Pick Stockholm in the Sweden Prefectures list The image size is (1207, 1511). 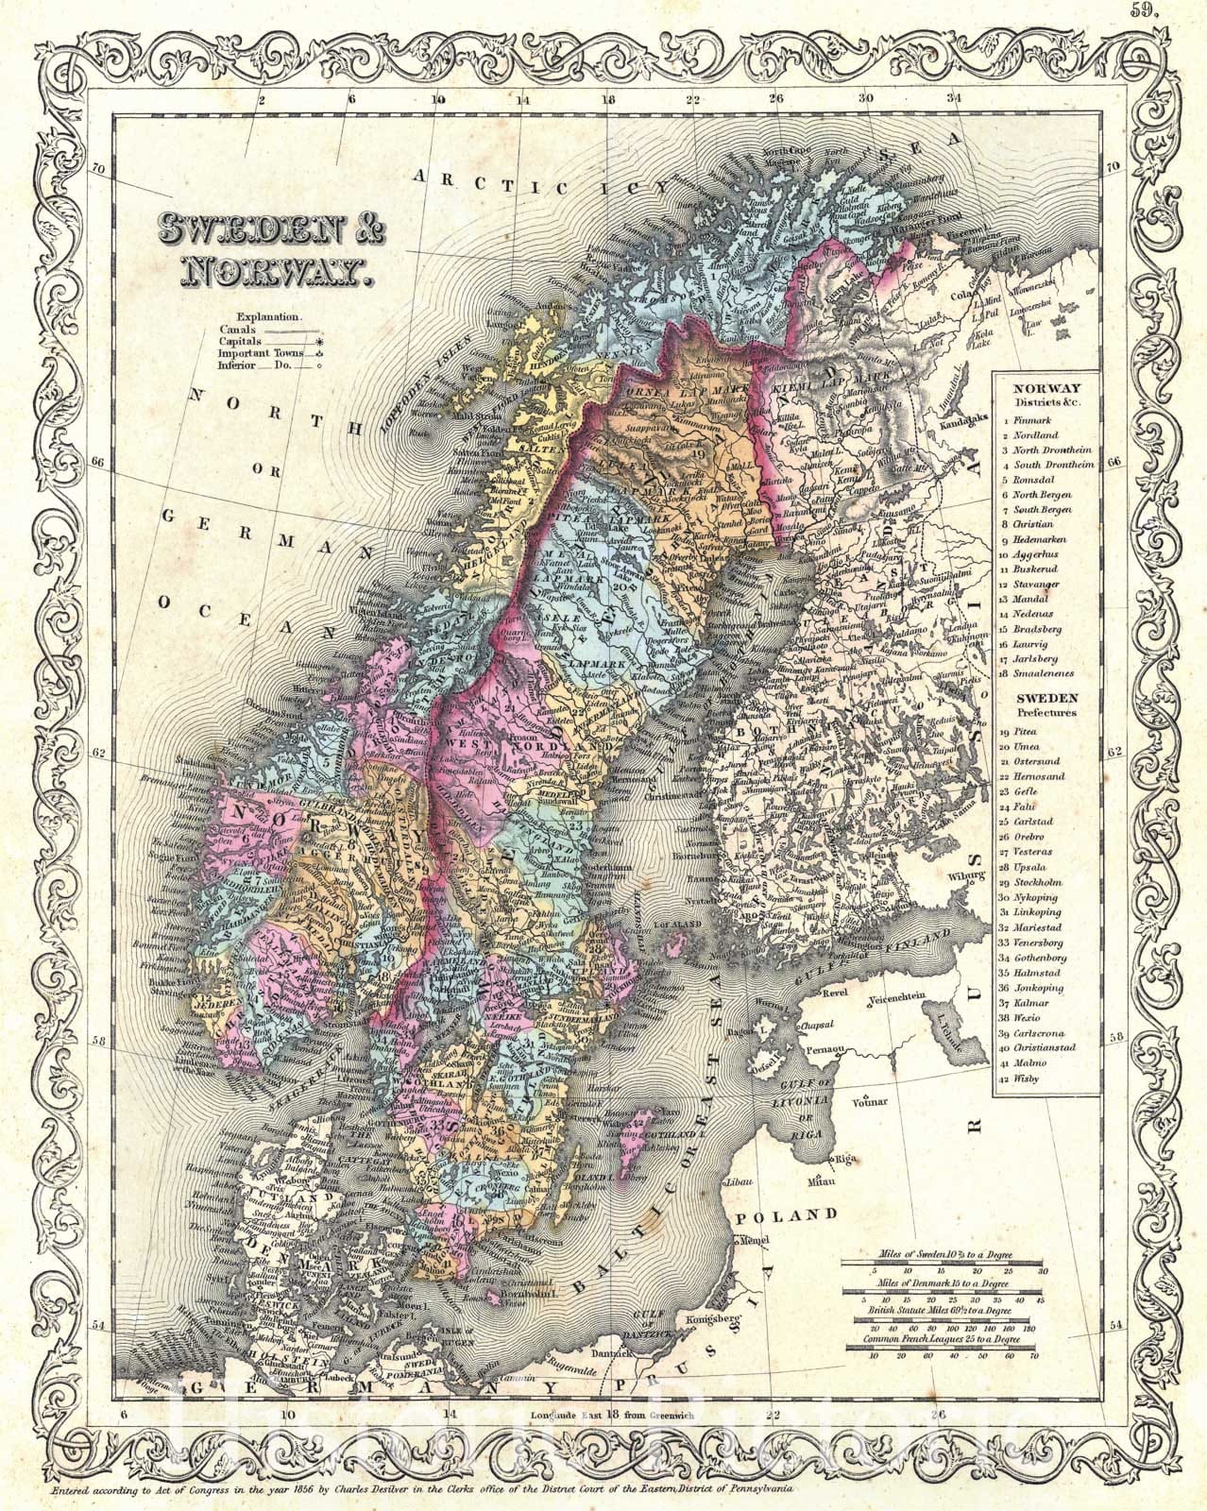(1040, 881)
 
